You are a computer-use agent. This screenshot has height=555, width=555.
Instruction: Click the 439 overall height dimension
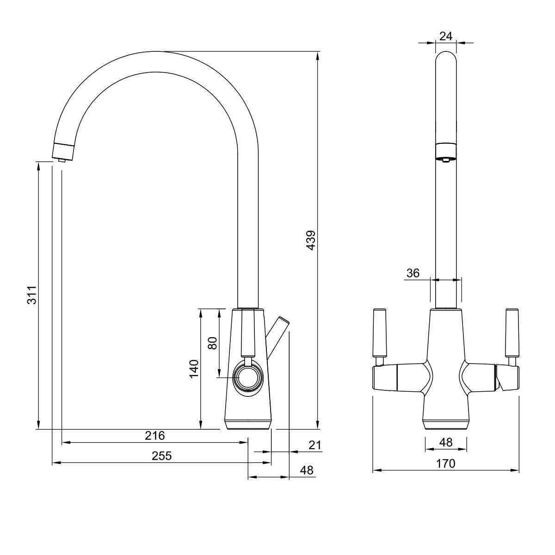click(311, 240)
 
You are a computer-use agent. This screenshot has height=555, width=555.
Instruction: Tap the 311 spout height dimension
click(32, 295)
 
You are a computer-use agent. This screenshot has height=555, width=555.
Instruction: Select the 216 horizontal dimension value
click(155, 436)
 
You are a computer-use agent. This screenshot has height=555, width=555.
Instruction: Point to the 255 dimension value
click(161, 456)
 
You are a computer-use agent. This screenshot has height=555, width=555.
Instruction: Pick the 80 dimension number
click(212, 343)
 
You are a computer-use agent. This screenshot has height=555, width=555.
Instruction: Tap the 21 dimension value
click(315, 445)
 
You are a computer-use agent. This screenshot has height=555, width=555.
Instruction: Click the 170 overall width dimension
click(445, 464)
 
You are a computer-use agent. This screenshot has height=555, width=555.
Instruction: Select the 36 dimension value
click(413, 273)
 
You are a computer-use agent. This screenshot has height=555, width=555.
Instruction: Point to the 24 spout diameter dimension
click(446, 36)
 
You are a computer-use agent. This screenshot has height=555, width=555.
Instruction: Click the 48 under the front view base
click(446, 442)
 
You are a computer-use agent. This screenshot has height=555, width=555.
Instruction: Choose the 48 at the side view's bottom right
click(307, 470)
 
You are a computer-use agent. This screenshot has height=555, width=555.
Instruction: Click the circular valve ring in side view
click(248, 377)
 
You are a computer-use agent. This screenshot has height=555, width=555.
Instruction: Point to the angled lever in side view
click(277, 339)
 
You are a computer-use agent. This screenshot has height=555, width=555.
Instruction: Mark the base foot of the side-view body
click(248, 425)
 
